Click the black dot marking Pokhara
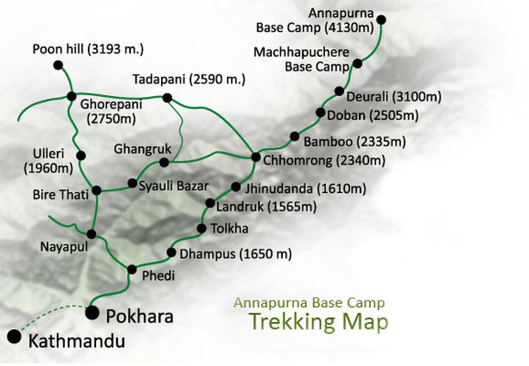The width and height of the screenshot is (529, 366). pyautogui.click(x=92, y=313)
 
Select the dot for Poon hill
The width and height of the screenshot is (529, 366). pyautogui.click(x=58, y=66)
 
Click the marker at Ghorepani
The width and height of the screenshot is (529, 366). pyautogui.click(x=72, y=96)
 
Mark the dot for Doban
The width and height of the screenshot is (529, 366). pyautogui.click(x=321, y=113)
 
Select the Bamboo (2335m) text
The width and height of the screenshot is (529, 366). pyautogui.click(x=344, y=140)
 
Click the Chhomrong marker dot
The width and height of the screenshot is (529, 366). pyautogui.click(x=256, y=157)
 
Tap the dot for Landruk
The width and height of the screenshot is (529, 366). pyautogui.click(x=210, y=206)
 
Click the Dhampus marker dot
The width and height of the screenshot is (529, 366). pyautogui.click(x=171, y=253)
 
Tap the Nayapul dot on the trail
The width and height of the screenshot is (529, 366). pyautogui.click(x=92, y=234)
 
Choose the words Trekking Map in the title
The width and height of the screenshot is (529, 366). pyautogui.click(x=318, y=323)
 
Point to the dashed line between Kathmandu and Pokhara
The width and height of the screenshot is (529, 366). pyautogui.click(x=52, y=314)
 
